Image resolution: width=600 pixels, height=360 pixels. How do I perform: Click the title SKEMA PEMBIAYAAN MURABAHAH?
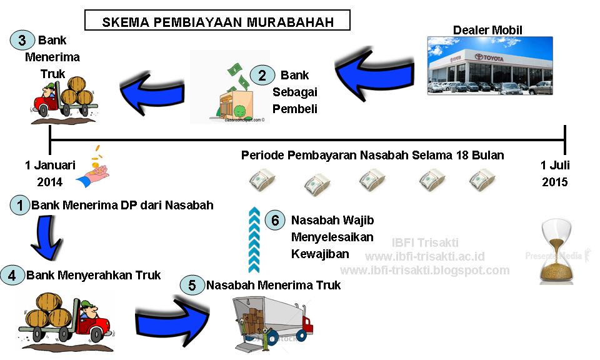pos(217,22)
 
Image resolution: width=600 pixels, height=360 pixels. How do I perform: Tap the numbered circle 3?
pos(22,41)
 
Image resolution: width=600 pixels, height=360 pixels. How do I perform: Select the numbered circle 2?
pos(262,76)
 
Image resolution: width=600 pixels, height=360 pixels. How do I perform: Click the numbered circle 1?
pos(20,205)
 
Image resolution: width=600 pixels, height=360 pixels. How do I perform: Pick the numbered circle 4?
pos(13,274)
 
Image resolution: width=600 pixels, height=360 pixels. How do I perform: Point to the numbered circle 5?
pos(192,285)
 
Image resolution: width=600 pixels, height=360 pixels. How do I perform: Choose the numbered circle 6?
pos(274,220)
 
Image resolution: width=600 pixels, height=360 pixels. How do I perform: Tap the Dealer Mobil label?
pos(487,30)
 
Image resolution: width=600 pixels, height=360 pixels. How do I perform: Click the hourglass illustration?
pos(556,254)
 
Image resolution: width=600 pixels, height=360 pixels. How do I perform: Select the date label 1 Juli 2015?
pos(555,174)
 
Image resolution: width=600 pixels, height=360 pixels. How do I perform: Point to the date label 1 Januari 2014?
pos(50,174)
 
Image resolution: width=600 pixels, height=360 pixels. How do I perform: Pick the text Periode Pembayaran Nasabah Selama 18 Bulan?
pos(372,155)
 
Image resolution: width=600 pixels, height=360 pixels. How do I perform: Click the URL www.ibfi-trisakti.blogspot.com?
pos(425,270)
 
